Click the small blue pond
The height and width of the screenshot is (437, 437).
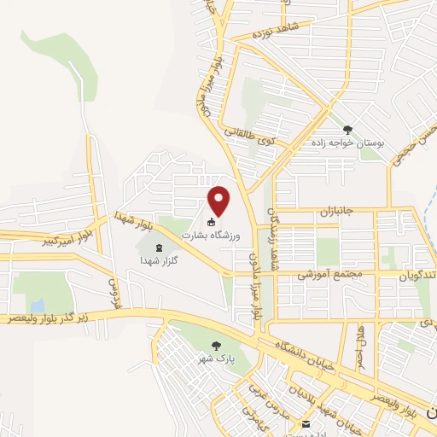[37, 305]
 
